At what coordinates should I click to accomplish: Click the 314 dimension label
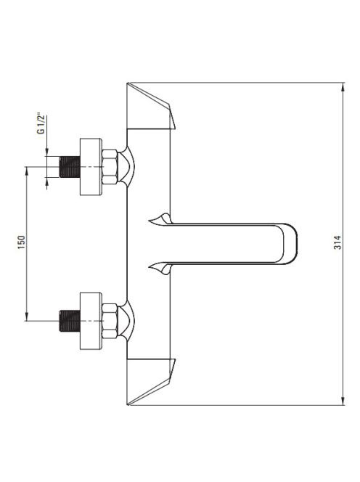point(337,242)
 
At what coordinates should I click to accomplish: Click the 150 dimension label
point(21,242)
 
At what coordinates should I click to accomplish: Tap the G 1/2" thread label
point(41,124)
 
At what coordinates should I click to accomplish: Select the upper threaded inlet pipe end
point(70,167)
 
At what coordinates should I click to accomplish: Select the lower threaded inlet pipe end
point(70,321)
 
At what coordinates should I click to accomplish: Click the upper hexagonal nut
point(110,167)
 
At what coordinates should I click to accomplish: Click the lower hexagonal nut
point(110,321)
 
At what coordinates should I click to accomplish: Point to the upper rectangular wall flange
point(91,167)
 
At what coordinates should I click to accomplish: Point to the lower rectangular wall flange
point(91,321)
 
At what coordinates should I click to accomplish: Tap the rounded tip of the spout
point(290,243)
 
